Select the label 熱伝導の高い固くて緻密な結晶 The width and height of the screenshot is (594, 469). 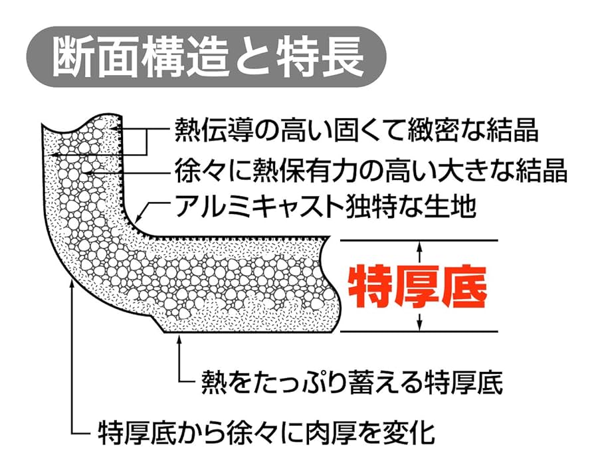[355, 130]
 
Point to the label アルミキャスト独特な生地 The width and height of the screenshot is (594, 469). [326, 208]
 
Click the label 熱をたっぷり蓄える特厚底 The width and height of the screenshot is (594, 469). [351, 383]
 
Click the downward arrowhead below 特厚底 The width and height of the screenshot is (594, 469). [419, 325]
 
